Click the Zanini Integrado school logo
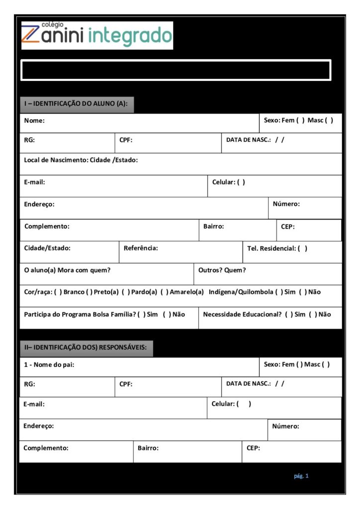coord(97,35)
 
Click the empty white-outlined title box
coord(176,70)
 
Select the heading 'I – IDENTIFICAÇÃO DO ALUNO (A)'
coord(76,104)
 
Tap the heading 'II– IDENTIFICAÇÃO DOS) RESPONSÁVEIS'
coord(86,347)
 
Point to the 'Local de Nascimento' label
coord(81,160)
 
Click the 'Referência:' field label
coord(141,248)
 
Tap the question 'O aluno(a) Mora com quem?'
coord(67,270)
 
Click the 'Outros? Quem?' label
coord(222,270)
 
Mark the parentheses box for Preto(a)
coord(90,292)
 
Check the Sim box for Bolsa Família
coord(141,314)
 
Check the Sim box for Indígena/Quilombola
coord(279,292)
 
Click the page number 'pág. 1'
coord(301,476)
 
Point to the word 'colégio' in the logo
coord(52,24)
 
